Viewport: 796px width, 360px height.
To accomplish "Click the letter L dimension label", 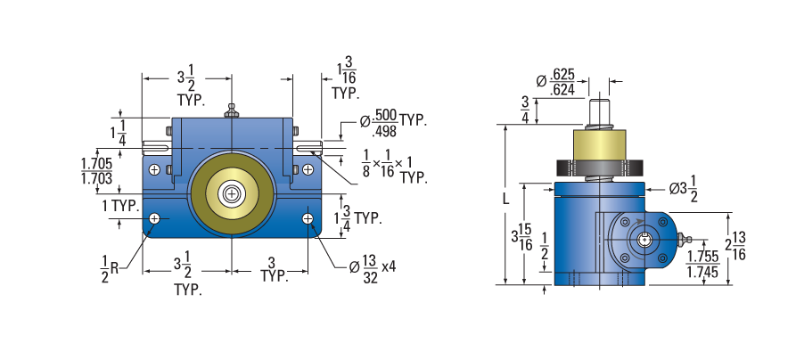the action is pos(505,199).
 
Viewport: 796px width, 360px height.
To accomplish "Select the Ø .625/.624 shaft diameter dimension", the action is pos(556,82).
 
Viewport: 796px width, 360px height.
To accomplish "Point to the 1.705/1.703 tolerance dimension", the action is pos(96,171).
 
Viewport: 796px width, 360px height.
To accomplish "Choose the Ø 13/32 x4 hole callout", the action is pos(373,267).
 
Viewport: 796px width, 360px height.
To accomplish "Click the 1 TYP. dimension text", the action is pos(120,206).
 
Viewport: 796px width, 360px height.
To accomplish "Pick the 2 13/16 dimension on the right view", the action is pos(735,246).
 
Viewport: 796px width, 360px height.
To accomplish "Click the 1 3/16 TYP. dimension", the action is pos(346,78).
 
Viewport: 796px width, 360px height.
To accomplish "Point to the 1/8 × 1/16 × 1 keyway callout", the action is pos(394,167).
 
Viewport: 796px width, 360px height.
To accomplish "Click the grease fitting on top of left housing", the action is pos(232,110).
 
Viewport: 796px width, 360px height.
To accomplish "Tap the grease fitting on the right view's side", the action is pos(685,238).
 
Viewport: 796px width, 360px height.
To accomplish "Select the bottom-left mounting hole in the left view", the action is pos(155,218).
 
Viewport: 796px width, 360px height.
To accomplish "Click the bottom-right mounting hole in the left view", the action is pos(308,218).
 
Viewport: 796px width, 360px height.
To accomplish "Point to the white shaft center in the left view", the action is pos(232,194).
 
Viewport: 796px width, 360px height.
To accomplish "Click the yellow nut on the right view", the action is pos(600,147).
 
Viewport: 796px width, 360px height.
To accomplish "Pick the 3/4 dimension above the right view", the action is pos(525,110).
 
